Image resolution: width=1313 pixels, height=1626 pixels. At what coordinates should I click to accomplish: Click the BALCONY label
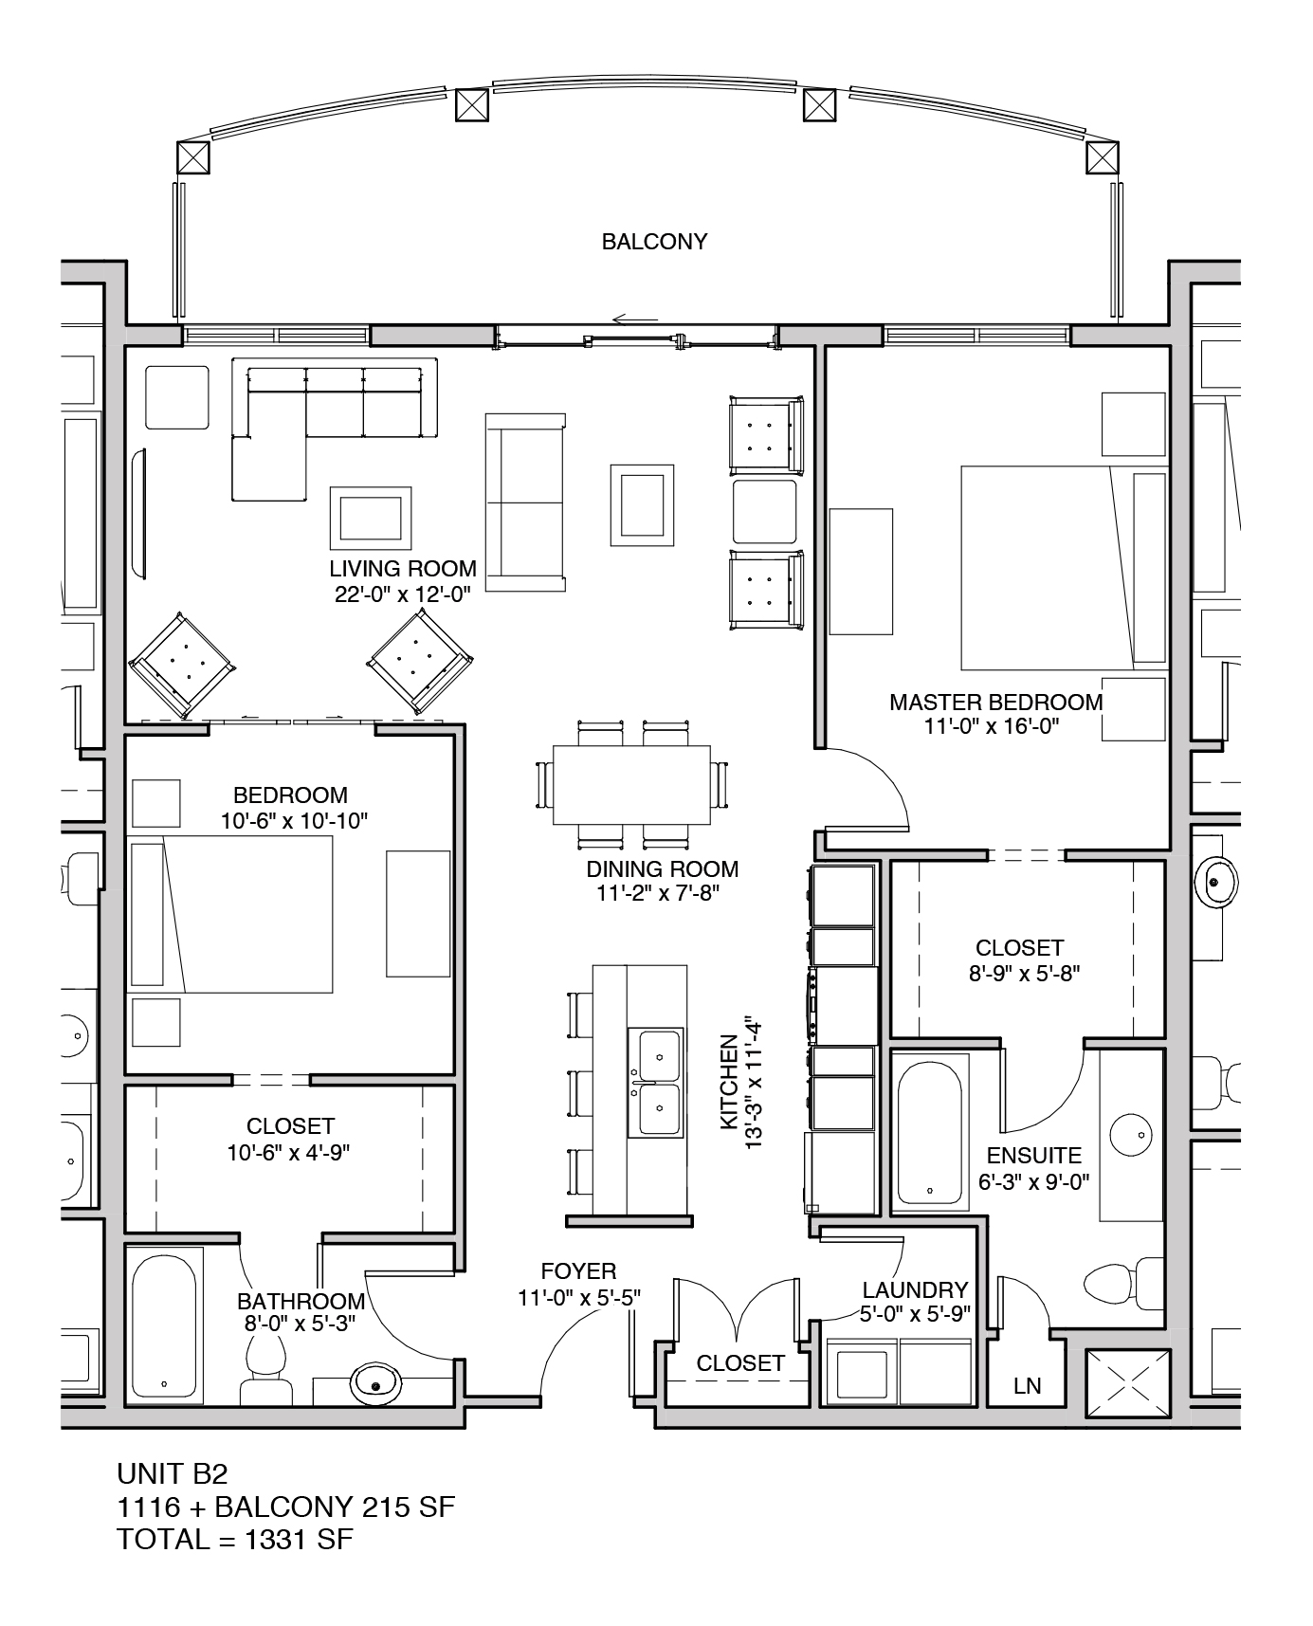point(654,242)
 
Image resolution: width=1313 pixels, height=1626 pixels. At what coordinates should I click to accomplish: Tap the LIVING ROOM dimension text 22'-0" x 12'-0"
point(403,594)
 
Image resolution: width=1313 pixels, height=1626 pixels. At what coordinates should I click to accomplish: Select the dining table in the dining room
point(632,785)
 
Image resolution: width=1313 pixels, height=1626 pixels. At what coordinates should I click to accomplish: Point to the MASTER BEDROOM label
point(995,703)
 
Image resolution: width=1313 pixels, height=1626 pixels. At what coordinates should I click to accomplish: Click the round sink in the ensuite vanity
point(1130,1135)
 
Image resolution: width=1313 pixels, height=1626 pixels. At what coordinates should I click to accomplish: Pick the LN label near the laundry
point(1027,1385)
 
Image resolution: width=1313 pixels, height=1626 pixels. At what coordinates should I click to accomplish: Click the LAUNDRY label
point(915,1289)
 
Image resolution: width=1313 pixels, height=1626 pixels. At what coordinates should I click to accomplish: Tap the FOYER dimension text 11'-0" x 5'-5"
point(578,1297)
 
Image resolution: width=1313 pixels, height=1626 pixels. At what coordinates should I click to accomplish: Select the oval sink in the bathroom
point(376,1385)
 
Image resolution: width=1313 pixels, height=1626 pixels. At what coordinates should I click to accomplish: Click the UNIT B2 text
point(172,1473)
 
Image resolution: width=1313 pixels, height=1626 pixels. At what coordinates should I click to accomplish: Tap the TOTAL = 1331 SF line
point(234,1540)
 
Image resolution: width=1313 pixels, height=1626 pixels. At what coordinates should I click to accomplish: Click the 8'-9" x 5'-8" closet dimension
point(1019,972)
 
